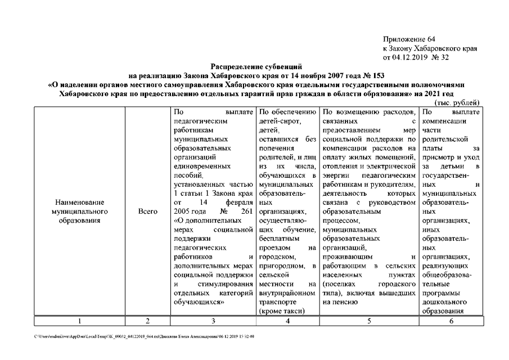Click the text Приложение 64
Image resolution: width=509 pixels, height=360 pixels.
pyautogui.click(x=409, y=39)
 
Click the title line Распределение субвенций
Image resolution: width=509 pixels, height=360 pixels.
pyautogui.click(x=257, y=66)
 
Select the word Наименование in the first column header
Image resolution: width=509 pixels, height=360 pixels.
pyautogui.click(x=79, y=202)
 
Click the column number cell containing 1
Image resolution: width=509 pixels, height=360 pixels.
pyautogui.click(x=79, y=321)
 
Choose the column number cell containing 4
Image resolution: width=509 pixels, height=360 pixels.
pyautogui.click(x=287, y=321)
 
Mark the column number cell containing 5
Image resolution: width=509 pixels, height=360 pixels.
pyautogui.click(x=368, y=321)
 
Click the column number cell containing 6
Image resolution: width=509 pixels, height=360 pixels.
pyautogui.click(x=450, y=321)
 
